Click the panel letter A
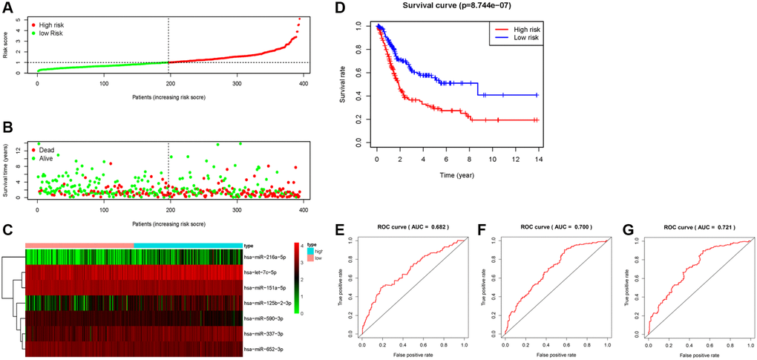(x=7, y=7)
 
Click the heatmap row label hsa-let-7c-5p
(x=266, y=272)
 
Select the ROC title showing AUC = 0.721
(x=689, y=225)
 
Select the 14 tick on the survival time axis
(x=536, y=159)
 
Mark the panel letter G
(x=632, y=226)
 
